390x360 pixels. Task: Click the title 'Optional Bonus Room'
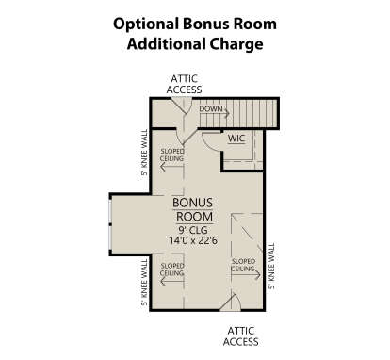click(x=195, y=22)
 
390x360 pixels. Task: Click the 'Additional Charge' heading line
click(x=195, y=43)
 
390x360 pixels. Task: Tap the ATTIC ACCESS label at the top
click(x=185, y=84)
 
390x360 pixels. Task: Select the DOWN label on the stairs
click(x=210, y=110)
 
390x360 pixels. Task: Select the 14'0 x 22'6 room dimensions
click(x=194, y=240)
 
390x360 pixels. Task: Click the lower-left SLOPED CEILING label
click(x=171, y=270)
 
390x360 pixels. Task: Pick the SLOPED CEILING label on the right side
click(x=244, y=265)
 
